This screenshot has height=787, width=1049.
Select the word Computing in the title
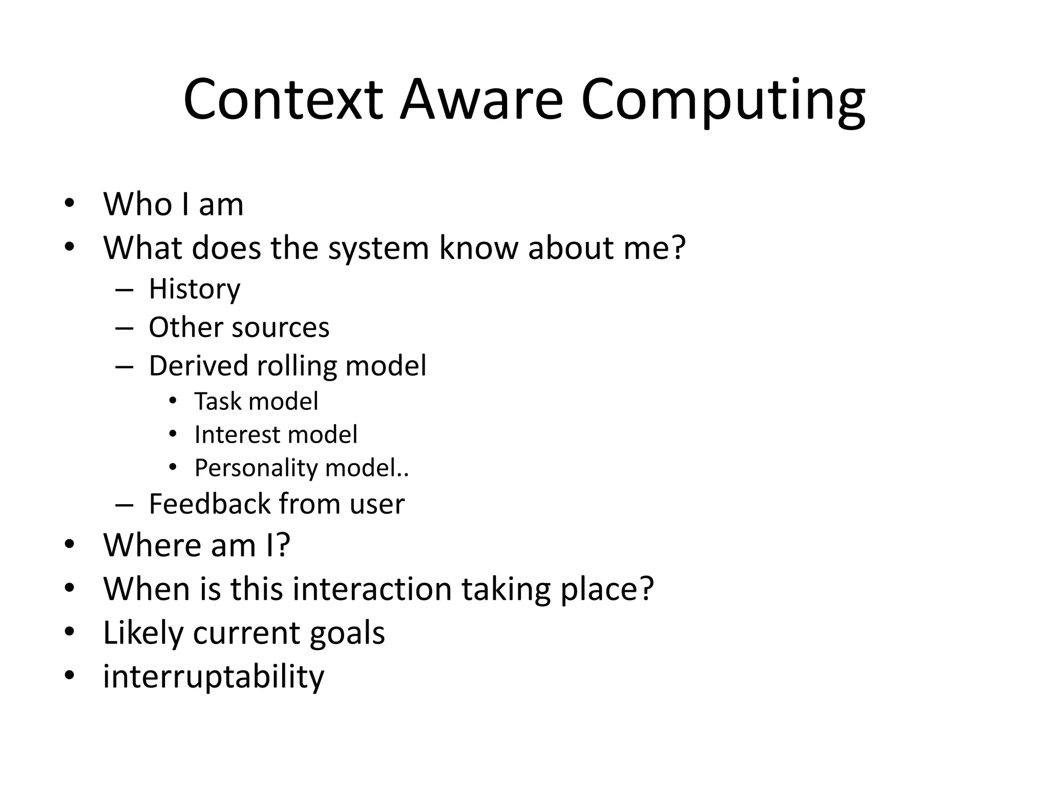click(x=723, y=100)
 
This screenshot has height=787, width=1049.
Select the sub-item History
click(x=194, y=289)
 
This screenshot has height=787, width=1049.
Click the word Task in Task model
click(x=214, y=401)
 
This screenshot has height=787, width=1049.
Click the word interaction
click(x=372, y=589)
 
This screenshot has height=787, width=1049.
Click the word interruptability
click(x=214, y=677)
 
